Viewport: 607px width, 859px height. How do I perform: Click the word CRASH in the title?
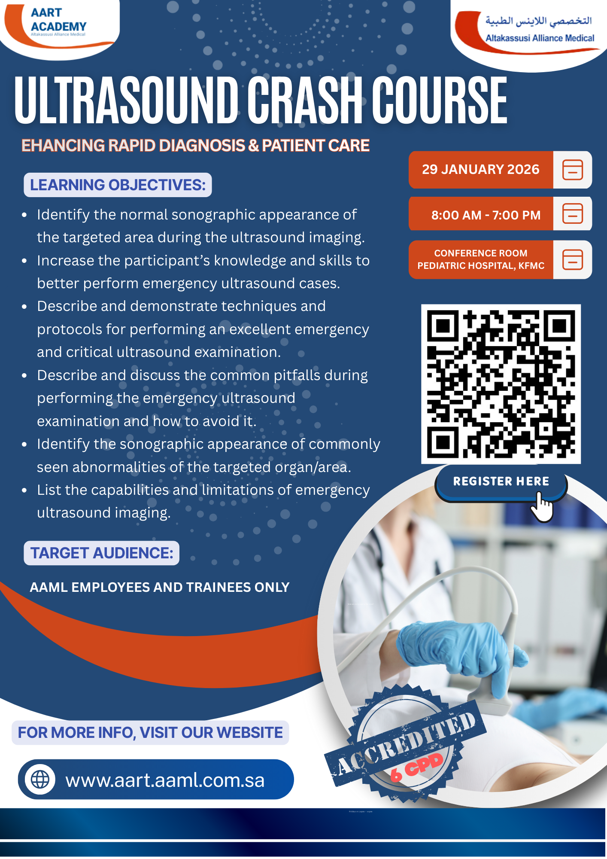(x=306, y=100)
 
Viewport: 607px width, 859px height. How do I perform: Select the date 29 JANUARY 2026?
(x=480, y=170)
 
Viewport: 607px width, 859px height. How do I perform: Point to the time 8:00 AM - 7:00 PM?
(x=486, y=215)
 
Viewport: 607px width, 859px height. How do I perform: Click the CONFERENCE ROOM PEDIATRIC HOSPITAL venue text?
(x=481, y=259)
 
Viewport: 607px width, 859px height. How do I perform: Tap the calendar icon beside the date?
(x=573, y=170)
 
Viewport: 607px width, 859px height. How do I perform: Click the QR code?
(x=501, y=384)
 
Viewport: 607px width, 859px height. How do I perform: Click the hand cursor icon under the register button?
(x=542, y=507)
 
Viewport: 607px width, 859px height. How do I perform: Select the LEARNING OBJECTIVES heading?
(x=118, y=185)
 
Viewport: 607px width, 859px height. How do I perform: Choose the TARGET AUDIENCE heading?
(x=102, y=553)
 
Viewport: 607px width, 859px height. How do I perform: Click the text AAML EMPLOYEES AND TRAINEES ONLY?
(x=160, y=588)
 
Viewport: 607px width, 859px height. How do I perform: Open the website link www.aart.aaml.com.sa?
(x=165, y=780)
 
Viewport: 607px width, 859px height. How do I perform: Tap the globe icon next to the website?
(x=40, y=780)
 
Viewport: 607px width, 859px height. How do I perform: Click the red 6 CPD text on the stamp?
(x=416, y=768)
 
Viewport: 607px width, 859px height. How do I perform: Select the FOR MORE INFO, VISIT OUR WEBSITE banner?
(x=150, y=733)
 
